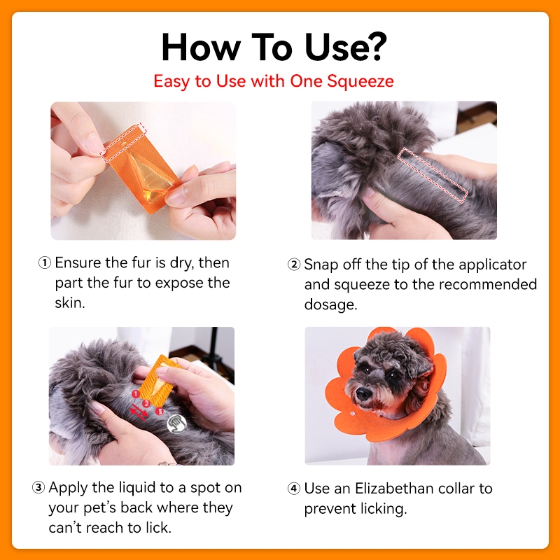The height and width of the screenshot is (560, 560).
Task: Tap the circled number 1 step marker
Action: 45,263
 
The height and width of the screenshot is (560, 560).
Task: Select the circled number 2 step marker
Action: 294,265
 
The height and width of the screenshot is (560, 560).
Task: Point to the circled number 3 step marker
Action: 38,487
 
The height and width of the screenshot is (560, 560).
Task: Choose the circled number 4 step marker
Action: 294,488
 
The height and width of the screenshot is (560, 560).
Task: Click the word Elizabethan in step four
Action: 393,488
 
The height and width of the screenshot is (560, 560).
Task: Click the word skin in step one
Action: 69,302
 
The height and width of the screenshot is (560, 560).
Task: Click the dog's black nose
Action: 363,393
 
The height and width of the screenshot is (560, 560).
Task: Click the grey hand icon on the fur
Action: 177,424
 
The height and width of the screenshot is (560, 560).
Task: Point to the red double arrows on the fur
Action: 138,412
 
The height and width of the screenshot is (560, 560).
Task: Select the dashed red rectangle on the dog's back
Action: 433,175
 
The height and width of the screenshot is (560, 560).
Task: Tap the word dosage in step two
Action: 330,305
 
